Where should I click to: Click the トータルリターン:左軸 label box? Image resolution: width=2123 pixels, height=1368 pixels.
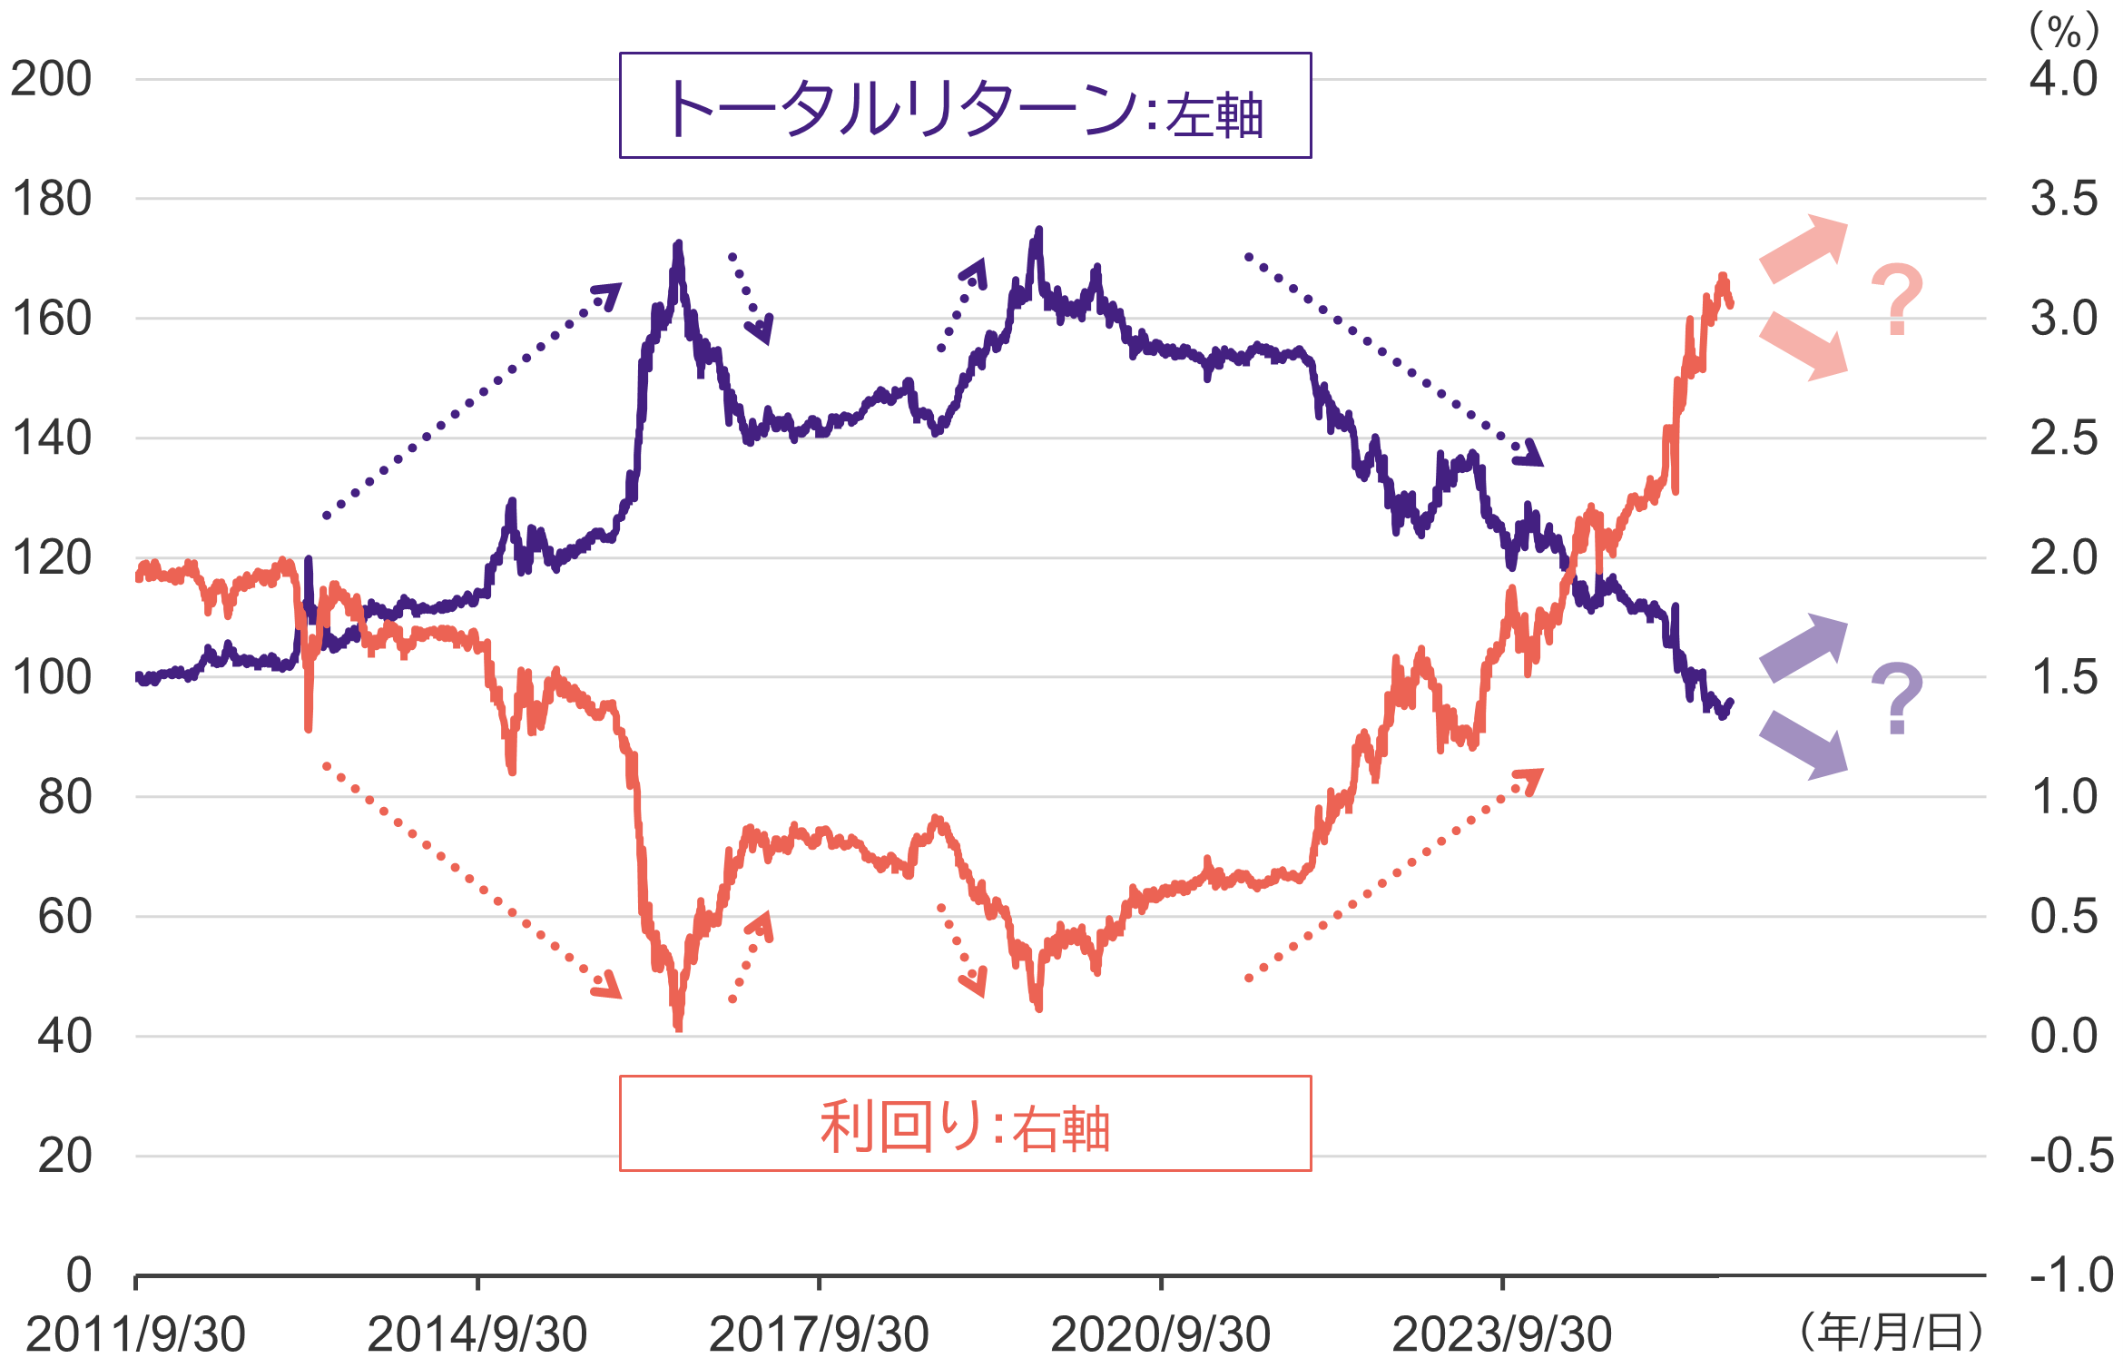(x=965, y=105)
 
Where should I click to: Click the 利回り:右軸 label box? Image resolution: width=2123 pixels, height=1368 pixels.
(x=965, y=1124)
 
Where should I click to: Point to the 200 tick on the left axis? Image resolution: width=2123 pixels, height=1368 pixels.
(x=51, y=79)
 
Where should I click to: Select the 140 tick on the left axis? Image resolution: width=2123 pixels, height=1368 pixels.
(x=51, y=438)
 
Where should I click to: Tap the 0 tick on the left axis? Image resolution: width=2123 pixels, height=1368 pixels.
(x=79, y=1275)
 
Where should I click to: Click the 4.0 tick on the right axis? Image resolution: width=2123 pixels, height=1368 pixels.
(x=2064, y=79)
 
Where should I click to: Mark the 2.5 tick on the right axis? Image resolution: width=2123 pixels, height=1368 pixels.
(x=2064, y=438)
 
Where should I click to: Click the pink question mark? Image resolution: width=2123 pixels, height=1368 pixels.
(x=1897, y=300)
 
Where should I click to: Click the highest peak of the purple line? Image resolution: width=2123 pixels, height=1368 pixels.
(x=1039, y=231)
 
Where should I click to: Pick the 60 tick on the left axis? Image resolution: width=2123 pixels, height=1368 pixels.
(x=64, y=917)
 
